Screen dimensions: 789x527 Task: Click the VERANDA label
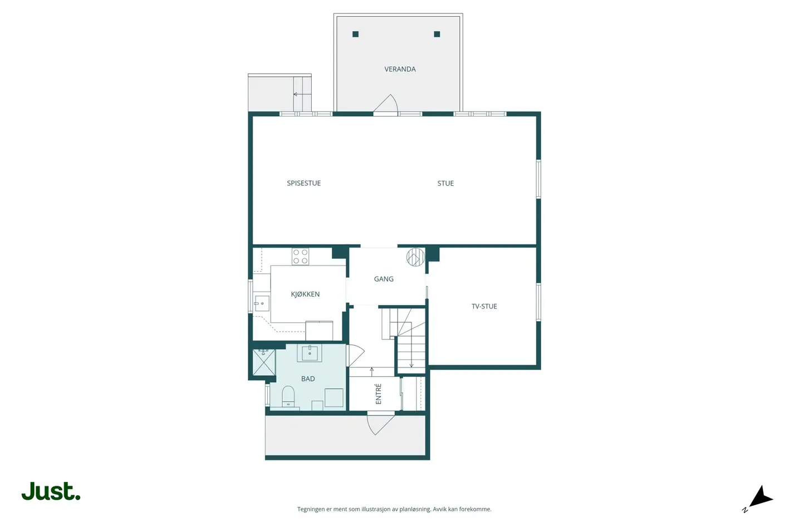pos(400,69)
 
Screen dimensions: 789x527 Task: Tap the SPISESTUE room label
pos(303,183)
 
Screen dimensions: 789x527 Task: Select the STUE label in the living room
pos(445,183)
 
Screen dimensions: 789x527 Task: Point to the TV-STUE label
pos(484,306)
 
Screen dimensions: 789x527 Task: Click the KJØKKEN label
pos(305,294)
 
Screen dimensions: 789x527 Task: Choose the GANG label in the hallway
pos(384,279)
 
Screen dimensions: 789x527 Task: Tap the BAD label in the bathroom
pos(308,379)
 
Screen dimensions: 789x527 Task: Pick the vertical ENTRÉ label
pos(379,394)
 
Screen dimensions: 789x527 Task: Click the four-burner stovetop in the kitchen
pos(301,257)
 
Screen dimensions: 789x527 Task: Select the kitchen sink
pos(262,303)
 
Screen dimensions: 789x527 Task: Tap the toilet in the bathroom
pos(288,397)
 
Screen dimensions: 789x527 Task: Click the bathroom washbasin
pos(310,353)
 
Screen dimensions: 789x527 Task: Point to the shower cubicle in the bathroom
pos(264,362)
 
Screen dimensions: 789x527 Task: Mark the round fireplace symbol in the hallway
pos(415,257)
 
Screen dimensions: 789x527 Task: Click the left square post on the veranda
pos(355,34)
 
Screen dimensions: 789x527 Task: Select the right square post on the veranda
pos(437,34)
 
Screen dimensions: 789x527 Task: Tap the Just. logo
pos(51,491)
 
